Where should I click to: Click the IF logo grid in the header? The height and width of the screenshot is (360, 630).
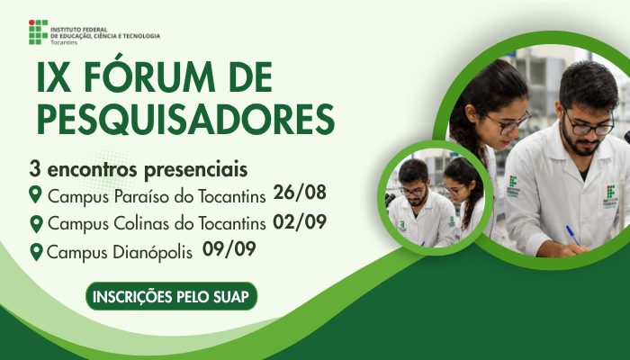38,31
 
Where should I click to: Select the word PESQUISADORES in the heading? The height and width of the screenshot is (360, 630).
185,120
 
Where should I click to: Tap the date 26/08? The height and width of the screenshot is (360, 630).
300,193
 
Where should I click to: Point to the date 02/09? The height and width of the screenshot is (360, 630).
300,221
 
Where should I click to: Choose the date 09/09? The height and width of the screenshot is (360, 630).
229,249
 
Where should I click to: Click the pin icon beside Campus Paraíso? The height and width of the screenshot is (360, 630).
35,194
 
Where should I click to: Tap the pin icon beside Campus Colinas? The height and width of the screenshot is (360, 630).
37,224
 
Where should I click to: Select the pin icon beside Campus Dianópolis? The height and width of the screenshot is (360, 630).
37,252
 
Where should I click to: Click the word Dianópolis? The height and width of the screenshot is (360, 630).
153,253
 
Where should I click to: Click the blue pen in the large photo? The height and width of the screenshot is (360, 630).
573,236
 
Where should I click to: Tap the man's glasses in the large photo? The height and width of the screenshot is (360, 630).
589,125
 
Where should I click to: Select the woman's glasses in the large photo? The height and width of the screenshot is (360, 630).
508,122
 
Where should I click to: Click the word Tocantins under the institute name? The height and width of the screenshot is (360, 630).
64,42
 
